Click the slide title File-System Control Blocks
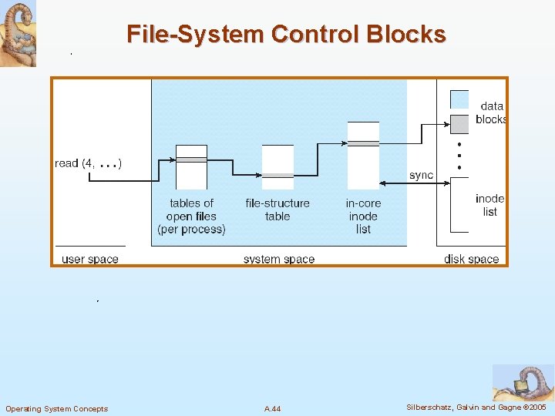click(286, 34)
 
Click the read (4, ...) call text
click(88, 163)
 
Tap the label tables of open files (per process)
click(191, 216)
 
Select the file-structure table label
click(277, 210)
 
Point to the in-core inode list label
click(363, 216)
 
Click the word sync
click(421, 175)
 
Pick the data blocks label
click(491, 112)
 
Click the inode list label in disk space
click(490, 205)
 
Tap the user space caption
click(89, 259)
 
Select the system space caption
click(278, 259)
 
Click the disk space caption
click(471, 259)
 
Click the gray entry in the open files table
click(191, 159)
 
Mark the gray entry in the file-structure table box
click(277, 176)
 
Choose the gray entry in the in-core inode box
click(363, 143)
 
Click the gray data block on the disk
click(459, 123)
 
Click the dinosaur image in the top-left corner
click(18, 34)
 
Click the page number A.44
click(272, 408)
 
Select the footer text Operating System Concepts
click(56, 408)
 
